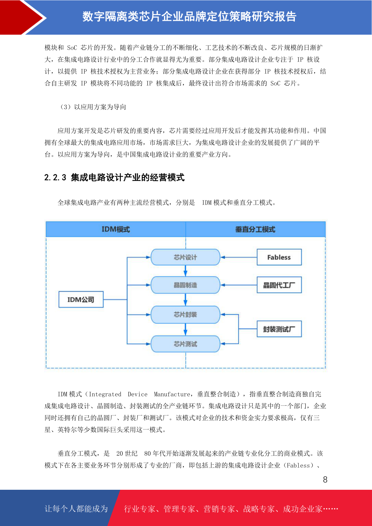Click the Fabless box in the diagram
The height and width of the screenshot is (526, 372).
(x=279, y=257)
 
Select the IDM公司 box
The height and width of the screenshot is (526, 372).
(x=81, y=300)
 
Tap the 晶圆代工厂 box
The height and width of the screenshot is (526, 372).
(x=279, y=285)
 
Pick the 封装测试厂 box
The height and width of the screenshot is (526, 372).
(x=279, y=329)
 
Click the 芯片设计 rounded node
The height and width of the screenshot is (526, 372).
(x=185, y=257)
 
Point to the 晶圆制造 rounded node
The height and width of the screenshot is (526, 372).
(x=185, y=285)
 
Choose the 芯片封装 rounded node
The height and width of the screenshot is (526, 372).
(x=185, y=315)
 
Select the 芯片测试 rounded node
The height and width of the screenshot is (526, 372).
(x=185, y=344)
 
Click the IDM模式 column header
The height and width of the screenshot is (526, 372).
(x=116, y=229)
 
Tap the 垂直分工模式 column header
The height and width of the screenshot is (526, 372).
(x=255, y=229)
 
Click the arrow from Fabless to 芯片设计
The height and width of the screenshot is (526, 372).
(x=239, y=257)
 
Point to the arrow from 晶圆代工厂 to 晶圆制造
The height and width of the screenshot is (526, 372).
(x=239, y=285)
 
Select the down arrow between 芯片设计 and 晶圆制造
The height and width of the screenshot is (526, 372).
(x=185, y=271)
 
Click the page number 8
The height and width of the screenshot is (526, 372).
(x=325, y=479)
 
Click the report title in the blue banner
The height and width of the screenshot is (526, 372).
(x=189, y=17)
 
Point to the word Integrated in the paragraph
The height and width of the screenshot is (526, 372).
(x=105, y=394)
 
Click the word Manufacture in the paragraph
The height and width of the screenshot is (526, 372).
(x=172, y=394)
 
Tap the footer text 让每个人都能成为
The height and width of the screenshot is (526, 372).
(x=76, y=509)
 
